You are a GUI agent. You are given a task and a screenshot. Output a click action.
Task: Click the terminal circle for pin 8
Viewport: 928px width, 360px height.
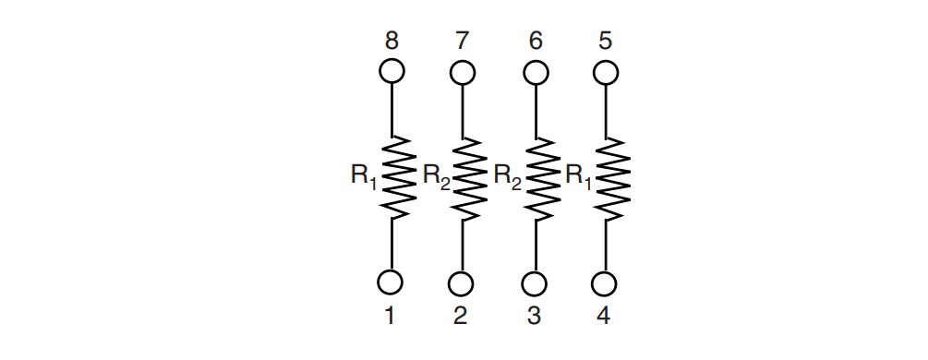pos(391,70)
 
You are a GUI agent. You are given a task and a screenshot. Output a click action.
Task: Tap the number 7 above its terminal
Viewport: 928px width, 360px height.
pos(462,42)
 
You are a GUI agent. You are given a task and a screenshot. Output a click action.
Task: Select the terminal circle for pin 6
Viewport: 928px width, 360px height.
pos(535,71)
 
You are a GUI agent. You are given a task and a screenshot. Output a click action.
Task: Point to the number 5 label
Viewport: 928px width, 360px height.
pos(605,42)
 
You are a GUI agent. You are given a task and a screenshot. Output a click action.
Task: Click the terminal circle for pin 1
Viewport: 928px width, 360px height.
pos(391,282)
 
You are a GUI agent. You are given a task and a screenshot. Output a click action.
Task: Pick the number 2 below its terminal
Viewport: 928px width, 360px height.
pos(461,317)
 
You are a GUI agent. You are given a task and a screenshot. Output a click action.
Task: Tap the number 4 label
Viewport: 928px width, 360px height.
pos(604,317)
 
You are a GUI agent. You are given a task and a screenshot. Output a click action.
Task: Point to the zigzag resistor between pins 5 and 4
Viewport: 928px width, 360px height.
pos(609,177)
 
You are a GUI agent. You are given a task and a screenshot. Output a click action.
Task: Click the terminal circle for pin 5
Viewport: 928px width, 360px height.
pos(605,71)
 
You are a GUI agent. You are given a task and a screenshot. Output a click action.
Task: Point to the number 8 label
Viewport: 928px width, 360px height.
pos(391,42)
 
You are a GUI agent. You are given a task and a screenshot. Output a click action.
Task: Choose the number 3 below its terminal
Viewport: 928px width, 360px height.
pos(534,317)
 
